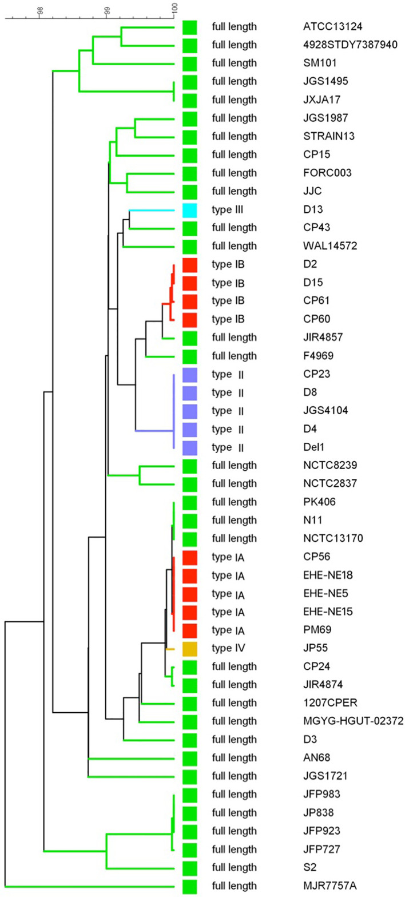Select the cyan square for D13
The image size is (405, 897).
pos(190,210)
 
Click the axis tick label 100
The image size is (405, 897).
pos(176,8)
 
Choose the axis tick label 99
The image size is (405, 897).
pos(107,10)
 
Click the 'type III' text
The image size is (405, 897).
pos(228,210)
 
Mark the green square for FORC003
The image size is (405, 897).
pos(190,173)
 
